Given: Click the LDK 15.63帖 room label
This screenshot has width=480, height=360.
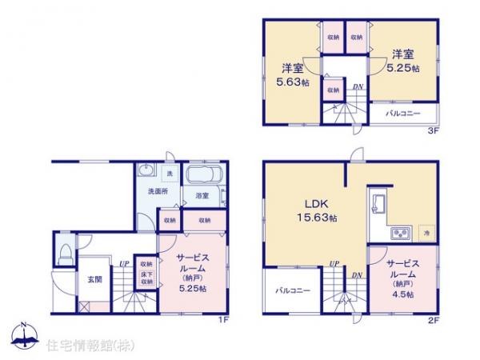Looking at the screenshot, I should pos(311,210).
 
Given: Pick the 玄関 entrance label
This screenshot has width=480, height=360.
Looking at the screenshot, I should pos(94,278).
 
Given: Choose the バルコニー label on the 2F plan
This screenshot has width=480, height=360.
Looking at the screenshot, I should pos(294,290).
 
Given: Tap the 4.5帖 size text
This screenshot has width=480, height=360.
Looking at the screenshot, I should pos(403,294).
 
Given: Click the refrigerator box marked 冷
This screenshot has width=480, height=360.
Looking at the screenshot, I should pos(425,232).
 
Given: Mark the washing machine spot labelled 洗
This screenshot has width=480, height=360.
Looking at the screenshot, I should pos(168,173).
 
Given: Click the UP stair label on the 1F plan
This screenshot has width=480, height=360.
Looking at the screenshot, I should pos(124,263).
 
